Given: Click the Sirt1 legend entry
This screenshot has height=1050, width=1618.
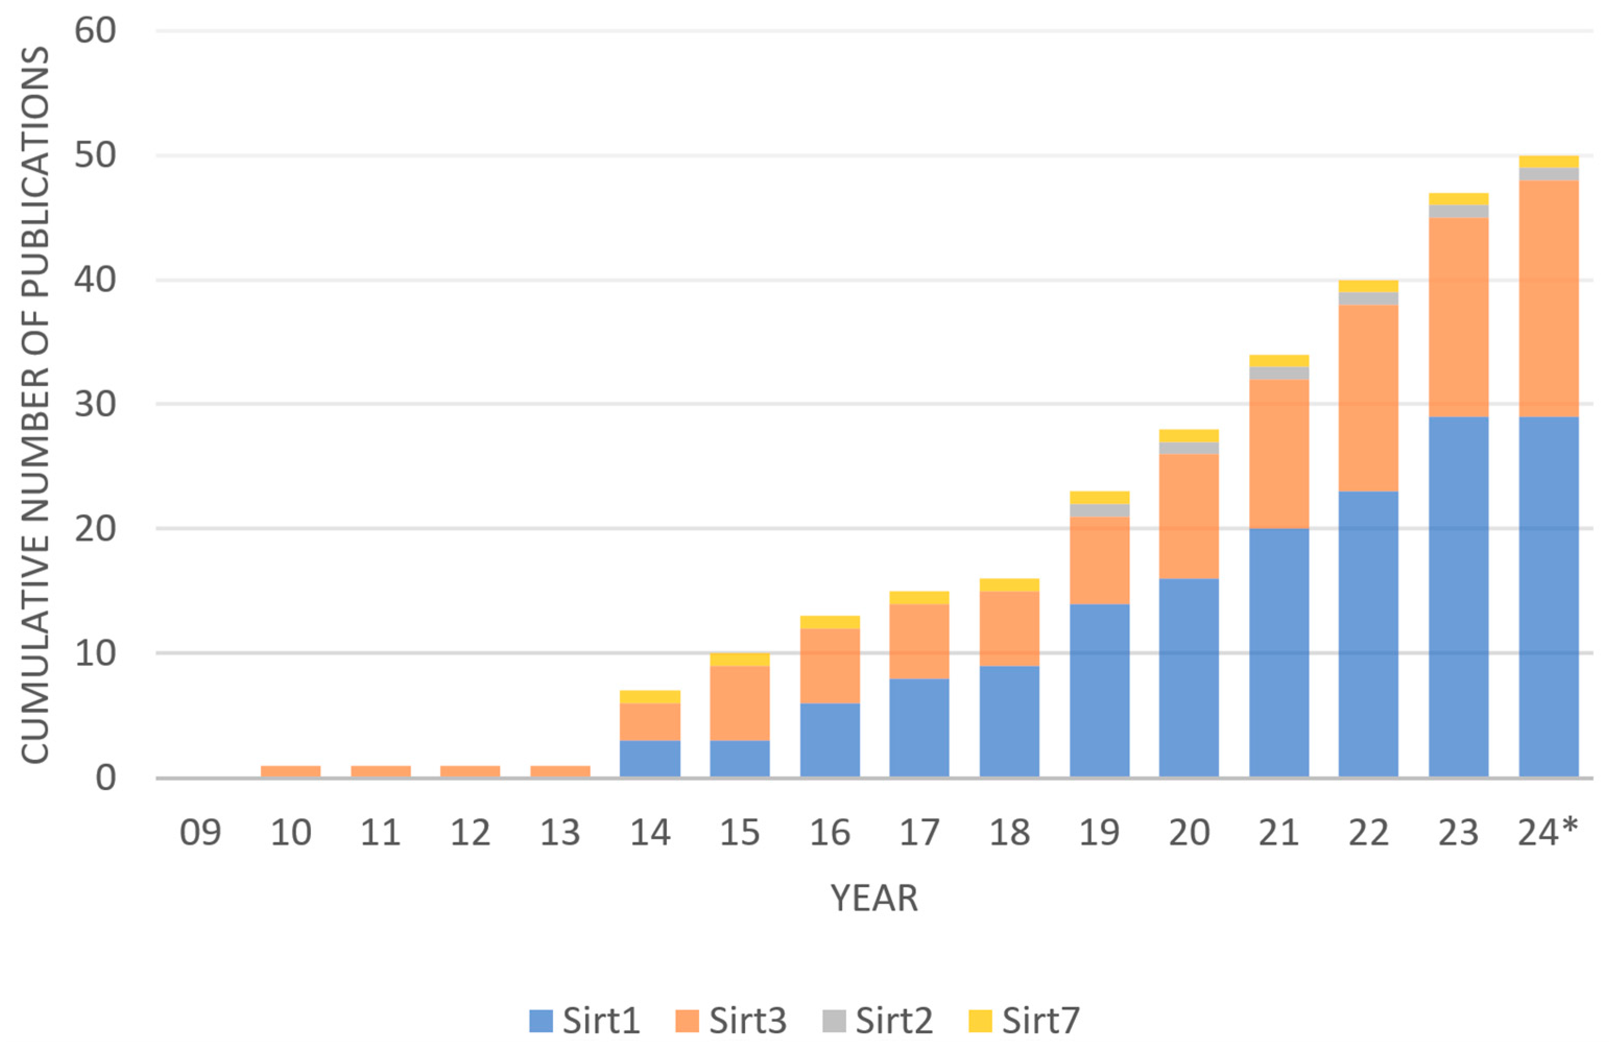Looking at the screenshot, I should click(x=585, y=1021).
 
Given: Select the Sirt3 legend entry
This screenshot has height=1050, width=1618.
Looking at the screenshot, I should click(x=732, y=1021).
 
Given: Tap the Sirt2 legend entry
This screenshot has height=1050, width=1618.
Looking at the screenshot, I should click(x=878, y=1021).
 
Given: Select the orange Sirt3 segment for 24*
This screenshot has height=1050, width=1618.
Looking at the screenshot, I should click(x=1549, y=299).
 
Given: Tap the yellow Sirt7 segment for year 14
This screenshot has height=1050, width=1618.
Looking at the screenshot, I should click(x=650, y=696).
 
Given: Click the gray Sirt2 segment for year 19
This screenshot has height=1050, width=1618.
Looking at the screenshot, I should click(x=1099, y=510).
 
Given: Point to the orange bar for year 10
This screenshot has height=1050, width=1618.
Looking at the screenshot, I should click(x=290, y=771).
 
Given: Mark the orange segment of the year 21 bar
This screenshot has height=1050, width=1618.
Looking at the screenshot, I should click(x=1279, y=454).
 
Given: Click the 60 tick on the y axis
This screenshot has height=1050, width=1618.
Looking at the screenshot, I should click(x=95, y=31).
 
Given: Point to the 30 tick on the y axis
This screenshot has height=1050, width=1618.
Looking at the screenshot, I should click(x=95, y=404).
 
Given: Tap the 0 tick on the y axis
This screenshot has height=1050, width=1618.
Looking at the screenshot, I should click(x=105, y=777).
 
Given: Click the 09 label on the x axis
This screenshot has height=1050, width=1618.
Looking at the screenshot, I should click(x=200, y=832).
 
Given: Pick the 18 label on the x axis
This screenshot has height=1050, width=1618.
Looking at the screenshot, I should click(x=1010, y=832).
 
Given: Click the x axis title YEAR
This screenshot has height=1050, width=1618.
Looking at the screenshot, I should click(x=874, y=898).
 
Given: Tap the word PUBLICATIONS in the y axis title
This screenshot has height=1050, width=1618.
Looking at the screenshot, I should click(x=35, y=170).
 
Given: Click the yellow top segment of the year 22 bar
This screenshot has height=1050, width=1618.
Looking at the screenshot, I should click(x=1369, y=287).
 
